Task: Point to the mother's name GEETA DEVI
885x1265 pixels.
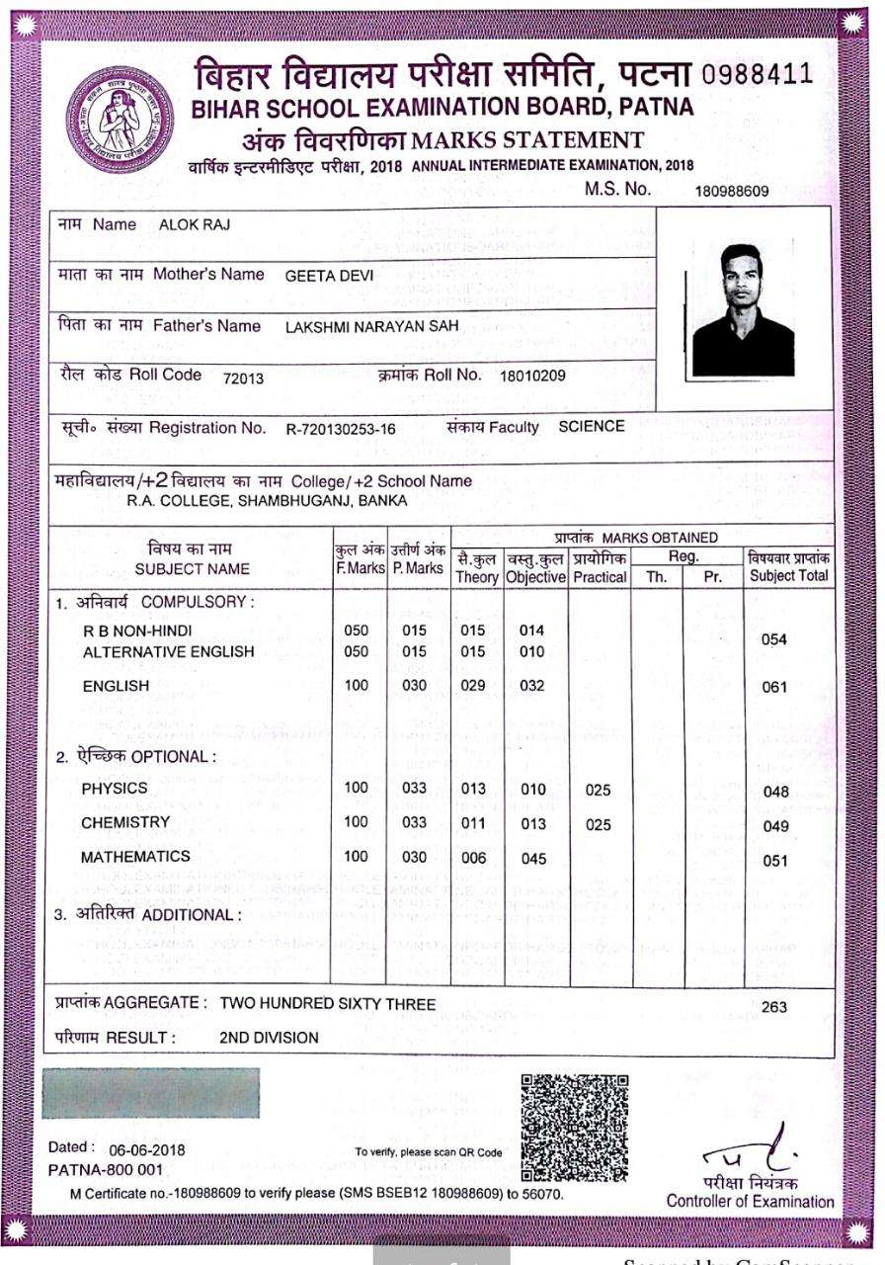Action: [329, 276]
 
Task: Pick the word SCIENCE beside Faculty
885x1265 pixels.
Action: [592, 427]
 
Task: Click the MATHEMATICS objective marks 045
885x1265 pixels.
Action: [533, 859]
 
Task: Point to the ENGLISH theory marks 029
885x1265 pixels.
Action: [474, 686]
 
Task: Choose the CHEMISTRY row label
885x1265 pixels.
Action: [125, 822]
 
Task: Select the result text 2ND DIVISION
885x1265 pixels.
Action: [269, 1038]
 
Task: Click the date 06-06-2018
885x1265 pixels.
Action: [145, 1149]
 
